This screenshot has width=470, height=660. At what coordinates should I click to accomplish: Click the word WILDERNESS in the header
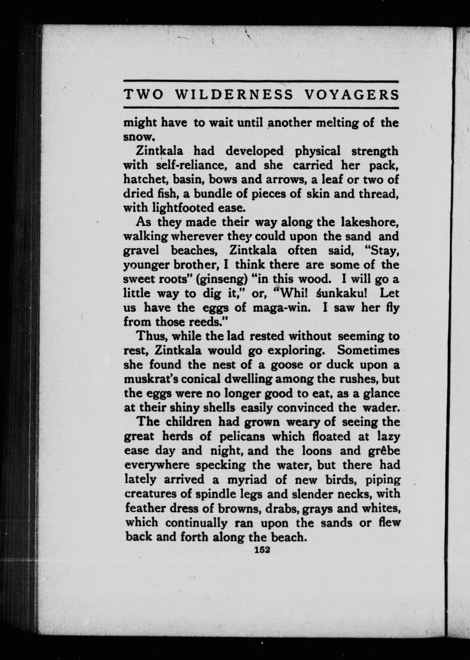coord(234,95)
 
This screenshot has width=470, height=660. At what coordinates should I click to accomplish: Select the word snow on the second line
coord(136,137)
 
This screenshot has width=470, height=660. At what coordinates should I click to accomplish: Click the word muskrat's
coord(146,379)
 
